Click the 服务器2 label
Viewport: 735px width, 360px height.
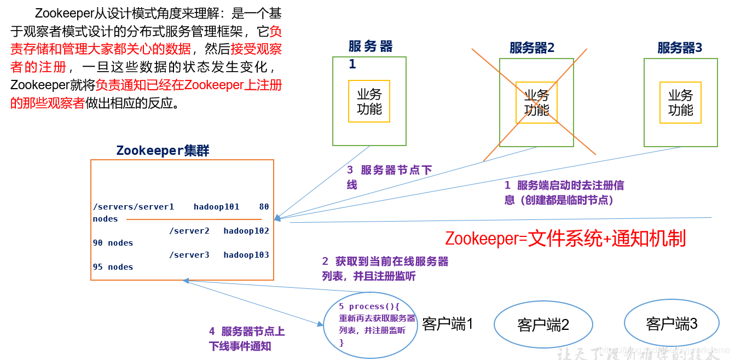point(531,48)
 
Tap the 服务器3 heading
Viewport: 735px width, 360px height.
point(680,48)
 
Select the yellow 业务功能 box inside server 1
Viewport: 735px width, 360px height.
point(369,101)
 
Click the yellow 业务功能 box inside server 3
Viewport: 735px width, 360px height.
point(680,102)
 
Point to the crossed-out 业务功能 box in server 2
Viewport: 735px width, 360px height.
point(536,102)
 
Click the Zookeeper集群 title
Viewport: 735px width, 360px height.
point(163,151)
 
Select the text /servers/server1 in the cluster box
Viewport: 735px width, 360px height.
point(134,207)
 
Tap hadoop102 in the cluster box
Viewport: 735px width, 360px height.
point(246,231)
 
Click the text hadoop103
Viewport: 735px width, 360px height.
point(246,255)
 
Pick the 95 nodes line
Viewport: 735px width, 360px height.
point(113,267)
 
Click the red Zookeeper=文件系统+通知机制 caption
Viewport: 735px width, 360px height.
point(565,239)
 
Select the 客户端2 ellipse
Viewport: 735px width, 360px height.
point(543,325)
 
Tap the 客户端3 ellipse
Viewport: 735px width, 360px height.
point(672,324)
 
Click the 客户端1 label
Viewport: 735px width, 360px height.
point(447,324)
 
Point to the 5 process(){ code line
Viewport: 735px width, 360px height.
point(369,306)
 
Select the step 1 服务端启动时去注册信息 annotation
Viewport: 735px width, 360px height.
point(564,193)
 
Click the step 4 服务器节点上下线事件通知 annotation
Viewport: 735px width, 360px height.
point(246,339)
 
